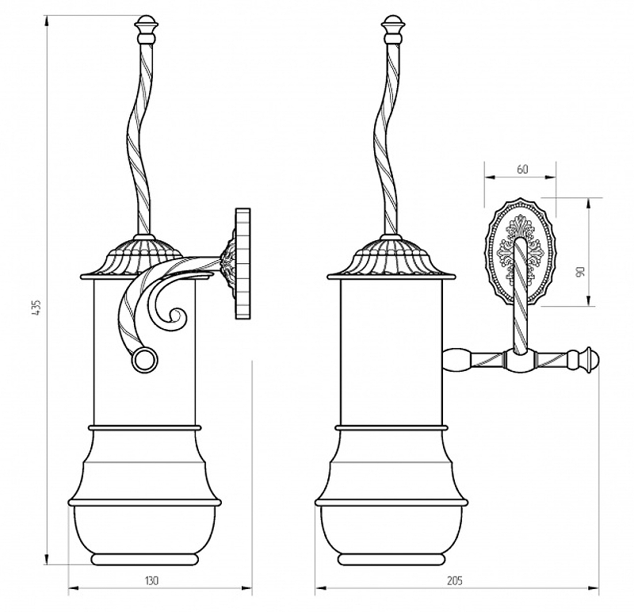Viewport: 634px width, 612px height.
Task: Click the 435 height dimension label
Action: click(36, 308)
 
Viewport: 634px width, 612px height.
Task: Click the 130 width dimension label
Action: click(151, 580)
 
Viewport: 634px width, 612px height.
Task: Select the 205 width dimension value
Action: click(454, 580)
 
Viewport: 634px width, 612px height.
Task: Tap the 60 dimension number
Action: click(522, 169)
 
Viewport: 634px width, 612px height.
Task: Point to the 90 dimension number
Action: click(581, 271)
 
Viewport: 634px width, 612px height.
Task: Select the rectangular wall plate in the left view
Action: click(243, 263)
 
